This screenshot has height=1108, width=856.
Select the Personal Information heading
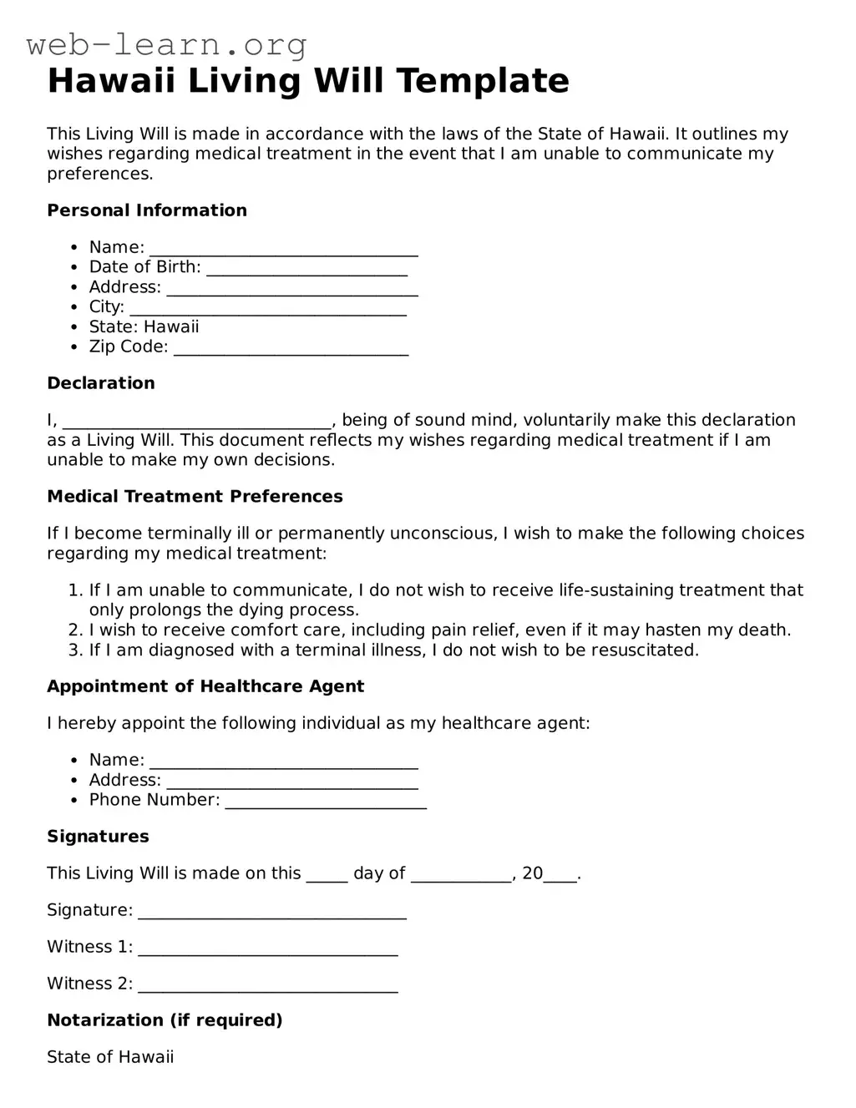(x=147, y=210)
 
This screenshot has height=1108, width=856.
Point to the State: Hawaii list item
(x=144, y=326)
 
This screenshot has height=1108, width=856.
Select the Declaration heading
(x=101, y=383)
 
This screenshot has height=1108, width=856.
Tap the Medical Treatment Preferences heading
(x=195, y=497)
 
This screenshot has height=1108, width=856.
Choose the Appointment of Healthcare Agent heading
(x=205, y=686)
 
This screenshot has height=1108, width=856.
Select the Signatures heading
(x=98, y=837)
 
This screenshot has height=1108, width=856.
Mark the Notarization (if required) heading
(x=165, y=1020)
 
